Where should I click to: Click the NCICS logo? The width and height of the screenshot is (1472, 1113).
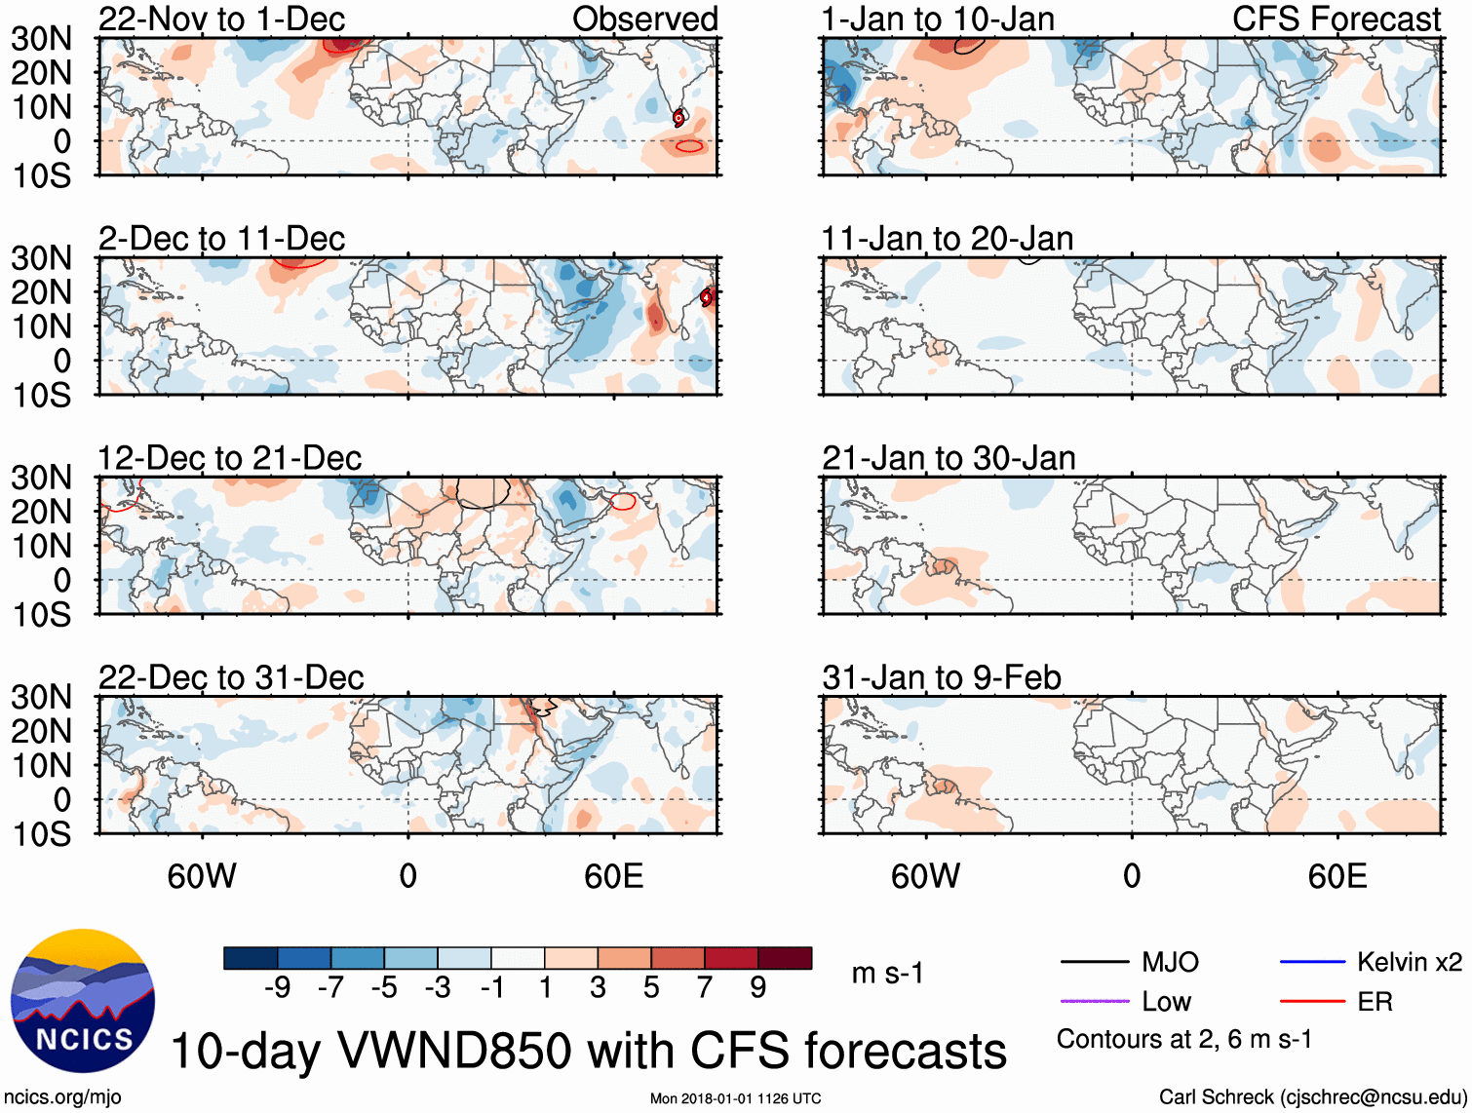(x=83, y=1001)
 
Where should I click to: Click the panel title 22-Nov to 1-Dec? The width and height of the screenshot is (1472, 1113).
(x=221, y=19)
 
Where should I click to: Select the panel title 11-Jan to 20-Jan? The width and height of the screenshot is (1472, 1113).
(x=947, y=239)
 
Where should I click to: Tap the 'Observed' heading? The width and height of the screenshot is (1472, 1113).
(x=644, y=19)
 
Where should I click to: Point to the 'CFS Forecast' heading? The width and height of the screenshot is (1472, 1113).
(x=1336, y=19)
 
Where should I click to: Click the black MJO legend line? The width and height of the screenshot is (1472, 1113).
(x=1094, y=963)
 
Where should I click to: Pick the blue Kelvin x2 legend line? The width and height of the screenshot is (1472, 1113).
(x=1312, y=963)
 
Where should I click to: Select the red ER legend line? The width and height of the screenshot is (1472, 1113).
(x=1312, y=1001)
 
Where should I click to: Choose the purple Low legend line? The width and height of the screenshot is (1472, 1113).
(x=1094, y=1001)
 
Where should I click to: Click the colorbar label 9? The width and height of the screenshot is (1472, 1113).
(x=757, y=988)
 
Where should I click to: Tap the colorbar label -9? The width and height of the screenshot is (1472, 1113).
(x=277, y=988)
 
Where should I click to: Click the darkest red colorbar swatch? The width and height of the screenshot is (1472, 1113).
(x=785, y=958)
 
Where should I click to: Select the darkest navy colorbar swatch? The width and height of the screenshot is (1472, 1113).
(x=251, y=958)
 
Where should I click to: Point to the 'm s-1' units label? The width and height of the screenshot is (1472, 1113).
(x=887, y=973)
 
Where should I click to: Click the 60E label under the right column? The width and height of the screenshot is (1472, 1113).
(x=1336, y=876)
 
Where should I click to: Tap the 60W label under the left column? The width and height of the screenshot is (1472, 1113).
(x=202, y=876)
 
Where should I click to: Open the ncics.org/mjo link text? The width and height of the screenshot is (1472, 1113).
(x=62, y=1097)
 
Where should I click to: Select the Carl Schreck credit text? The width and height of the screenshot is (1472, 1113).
(x=1312, y=1097)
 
